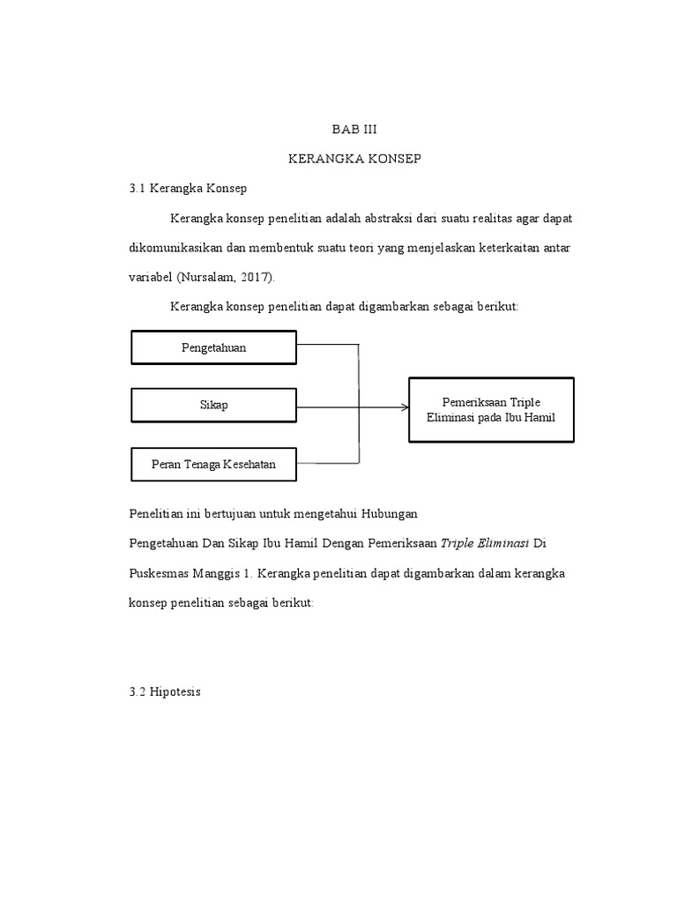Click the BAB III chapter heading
coord(354,129)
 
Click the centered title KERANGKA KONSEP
coord(354,159)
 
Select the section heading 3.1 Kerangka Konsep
coord(189,188)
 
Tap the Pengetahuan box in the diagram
coord(213,347)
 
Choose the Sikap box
coord(213,405)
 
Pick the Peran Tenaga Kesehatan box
coord(213,465)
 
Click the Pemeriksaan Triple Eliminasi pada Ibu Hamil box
coord(491,409)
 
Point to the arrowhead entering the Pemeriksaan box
coord(405,407)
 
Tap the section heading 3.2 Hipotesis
coord(165,692)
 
